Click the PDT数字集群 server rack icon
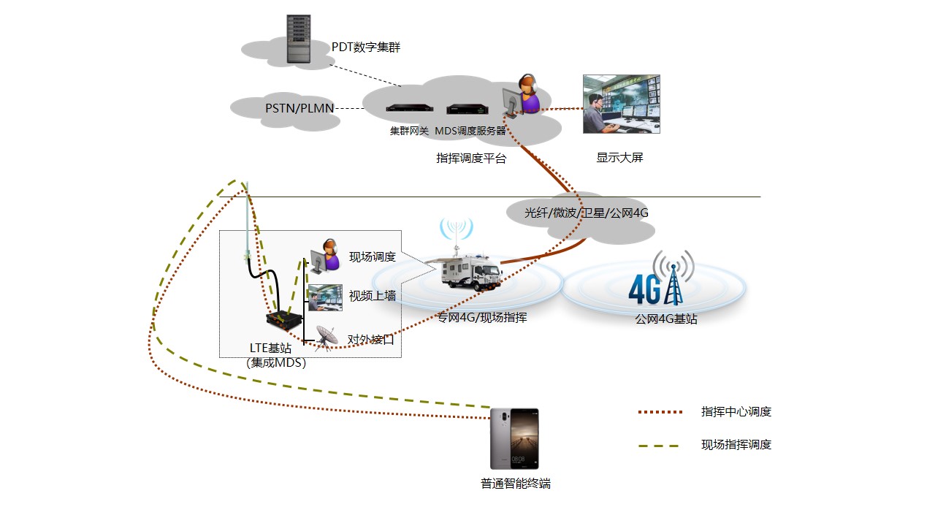(x=297, y=39)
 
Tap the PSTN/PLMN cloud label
(x=299, y=109)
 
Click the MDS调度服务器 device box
(x=467, y=110)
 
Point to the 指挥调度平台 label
(x=470, y=158)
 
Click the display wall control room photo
(x=621, y=104)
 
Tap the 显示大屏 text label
(x=619, y=158)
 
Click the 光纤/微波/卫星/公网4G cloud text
(x=586, y=213)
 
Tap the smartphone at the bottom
(x=514, y=438)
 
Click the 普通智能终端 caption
(x=515, y=484)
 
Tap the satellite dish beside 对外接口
(x=326, y=338)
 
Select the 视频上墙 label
(x=372, y=296)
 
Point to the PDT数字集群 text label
(x=365, y=47)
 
